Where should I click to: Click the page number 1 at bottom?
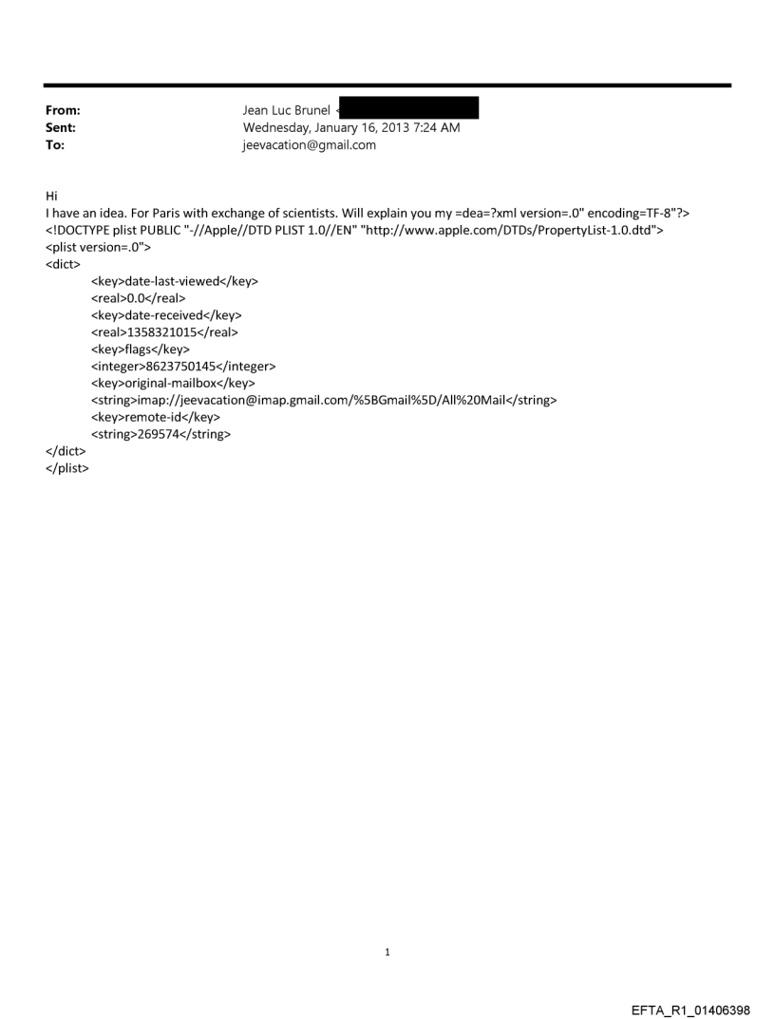click(x=387, y=952)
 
